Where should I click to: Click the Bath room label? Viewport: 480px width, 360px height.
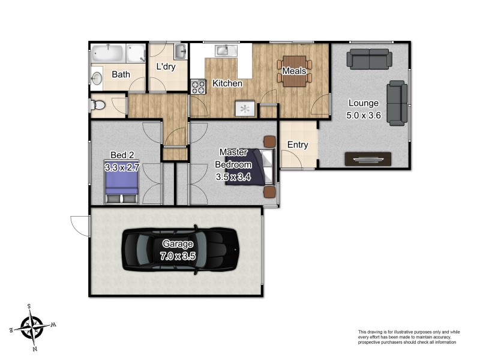[x=121, y=75]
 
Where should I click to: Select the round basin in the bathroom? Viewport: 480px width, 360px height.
[x=98, y=77]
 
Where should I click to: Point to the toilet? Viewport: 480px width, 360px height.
[x=98, y=106]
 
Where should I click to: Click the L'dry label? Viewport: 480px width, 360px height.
[x=166, y=67]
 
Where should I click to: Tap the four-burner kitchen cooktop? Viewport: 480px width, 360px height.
[x=197, y=86]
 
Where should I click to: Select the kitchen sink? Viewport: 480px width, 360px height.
[x=223, y=50]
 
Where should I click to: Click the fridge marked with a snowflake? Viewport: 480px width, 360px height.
[x=245, y=109]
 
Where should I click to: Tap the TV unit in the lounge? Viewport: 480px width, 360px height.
[x=368, y=159]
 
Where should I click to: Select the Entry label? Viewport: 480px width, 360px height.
[x=298, y=145]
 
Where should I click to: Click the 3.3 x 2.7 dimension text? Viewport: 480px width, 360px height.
[x=122, y=167]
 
